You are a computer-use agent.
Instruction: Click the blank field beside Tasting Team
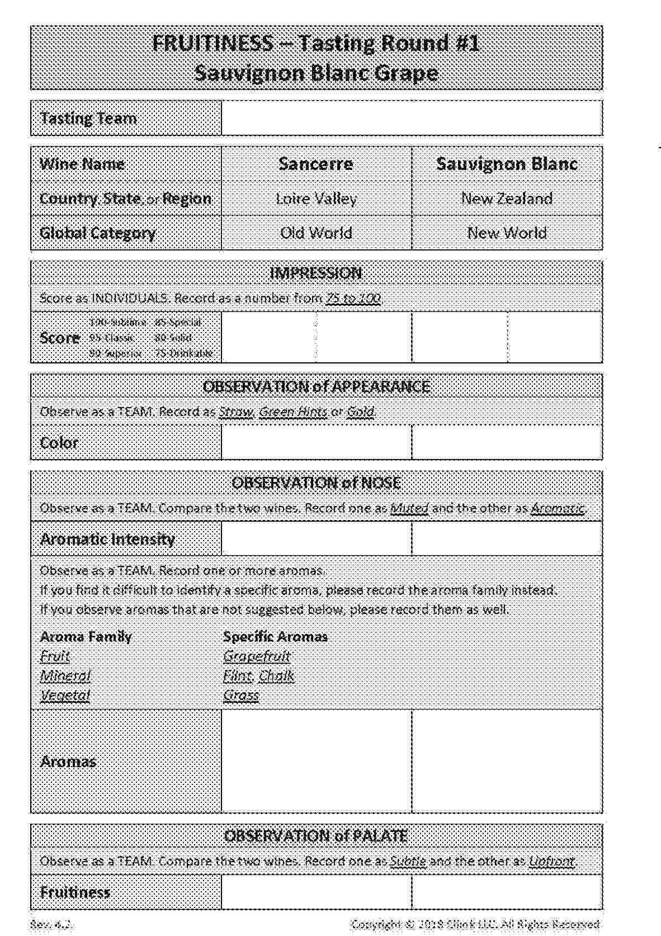point(412,118)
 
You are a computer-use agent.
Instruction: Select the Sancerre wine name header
point(316,164)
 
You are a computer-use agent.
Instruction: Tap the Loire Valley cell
point(316,198)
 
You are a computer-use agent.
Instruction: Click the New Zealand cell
point(507,198)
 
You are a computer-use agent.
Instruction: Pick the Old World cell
point(316,233)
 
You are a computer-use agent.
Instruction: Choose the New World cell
point(507,233)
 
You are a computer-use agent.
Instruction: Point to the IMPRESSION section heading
point(316,273)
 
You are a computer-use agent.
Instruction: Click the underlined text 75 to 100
point(353,298)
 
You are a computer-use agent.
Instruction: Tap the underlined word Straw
point(235,412)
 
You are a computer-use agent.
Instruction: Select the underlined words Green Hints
point(293,412)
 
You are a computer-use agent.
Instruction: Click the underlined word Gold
point(360,412)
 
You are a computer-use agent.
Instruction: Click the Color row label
point(59,443)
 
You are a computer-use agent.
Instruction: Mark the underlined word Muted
point(409,508)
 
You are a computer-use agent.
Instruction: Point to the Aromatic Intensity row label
point(107,539)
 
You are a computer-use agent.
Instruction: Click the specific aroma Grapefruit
point(257,656)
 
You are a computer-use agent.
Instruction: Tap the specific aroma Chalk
point(276,676)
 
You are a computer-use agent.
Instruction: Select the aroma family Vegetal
point(65,696)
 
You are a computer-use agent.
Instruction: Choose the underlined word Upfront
point(551,861)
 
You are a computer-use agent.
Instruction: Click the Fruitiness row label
point(75,892)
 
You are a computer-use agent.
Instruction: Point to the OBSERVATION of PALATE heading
point(316,836)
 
